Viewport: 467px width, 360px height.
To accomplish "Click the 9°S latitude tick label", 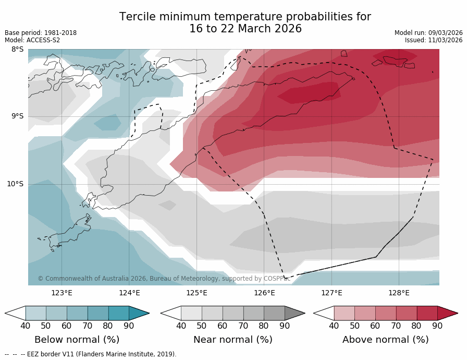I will pyautogui.click(x=17, y=116).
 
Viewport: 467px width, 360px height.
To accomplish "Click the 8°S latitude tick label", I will pyautogui.click(x=17, y=50).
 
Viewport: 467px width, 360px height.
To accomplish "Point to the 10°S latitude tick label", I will pyautogui.click(x=15, y=184).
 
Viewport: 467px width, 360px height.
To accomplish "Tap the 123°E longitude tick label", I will pyautogui.click(x=62, y=293).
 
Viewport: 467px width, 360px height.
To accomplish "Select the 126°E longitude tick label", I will pyautogui.click(x=264, y=293).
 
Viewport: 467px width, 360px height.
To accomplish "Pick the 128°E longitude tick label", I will pyautogui.click(x=399, y=293).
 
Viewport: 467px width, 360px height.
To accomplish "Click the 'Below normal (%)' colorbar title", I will pyautogui.click(x=77, y=340).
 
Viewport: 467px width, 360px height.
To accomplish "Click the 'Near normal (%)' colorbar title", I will pyautogui.click(x=232, y=340).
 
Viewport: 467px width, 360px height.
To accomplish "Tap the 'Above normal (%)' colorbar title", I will pyautogui.click(x=385, y=340).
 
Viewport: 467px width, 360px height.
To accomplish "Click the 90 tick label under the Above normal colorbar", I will pyautogui.click(x=437, y=326).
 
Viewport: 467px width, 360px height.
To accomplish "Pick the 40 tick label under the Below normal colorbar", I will pyautogui.click(x=26, y=326).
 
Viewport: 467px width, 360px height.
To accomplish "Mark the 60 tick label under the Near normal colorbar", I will pyautogui.click(x=223, y=326).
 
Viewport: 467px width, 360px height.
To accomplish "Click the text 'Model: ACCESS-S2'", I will pyautogui.click(x=32, y=40).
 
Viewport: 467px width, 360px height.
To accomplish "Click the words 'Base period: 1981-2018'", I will pyautogui.click(x=41, y=33).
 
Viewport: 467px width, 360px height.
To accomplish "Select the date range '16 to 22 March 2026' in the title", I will pyautogui.click(x=245, y=29).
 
